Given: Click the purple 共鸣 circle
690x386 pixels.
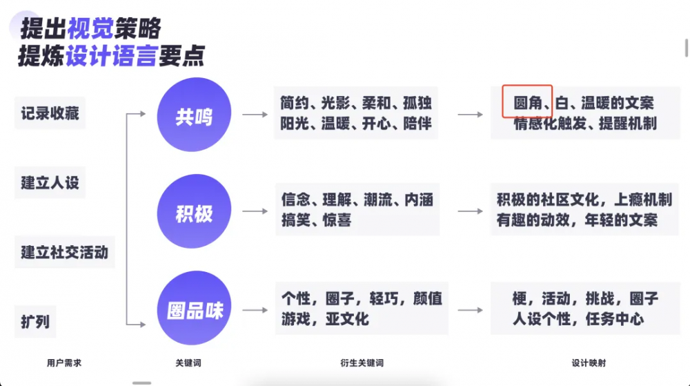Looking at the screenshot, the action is pos(194,115).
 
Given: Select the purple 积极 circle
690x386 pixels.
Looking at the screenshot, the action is pos(194,211).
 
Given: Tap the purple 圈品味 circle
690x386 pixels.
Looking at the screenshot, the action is pos(194,308).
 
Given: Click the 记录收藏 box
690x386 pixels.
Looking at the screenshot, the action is pos(50,113).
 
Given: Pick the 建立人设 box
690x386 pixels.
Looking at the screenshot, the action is pos(50,183).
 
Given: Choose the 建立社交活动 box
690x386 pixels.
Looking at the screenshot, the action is pos(65,252).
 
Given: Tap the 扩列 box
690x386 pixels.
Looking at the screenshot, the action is pos(35,322).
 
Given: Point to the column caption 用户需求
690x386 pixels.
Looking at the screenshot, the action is pos(64,363).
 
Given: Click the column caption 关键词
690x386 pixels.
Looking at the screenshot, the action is pos(188,363).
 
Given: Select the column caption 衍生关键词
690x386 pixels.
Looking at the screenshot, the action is pos(362,363).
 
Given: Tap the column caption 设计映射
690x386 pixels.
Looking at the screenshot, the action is pos(589,363).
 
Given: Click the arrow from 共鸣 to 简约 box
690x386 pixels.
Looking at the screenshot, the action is pos(255,115).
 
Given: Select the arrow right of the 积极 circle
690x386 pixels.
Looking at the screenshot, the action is pos(255,211).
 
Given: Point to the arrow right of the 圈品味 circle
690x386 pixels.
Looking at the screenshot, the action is pos(255,310).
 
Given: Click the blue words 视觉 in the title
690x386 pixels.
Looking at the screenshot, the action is pos(90,28).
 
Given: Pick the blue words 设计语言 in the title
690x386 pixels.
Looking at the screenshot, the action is pos(112,57).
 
